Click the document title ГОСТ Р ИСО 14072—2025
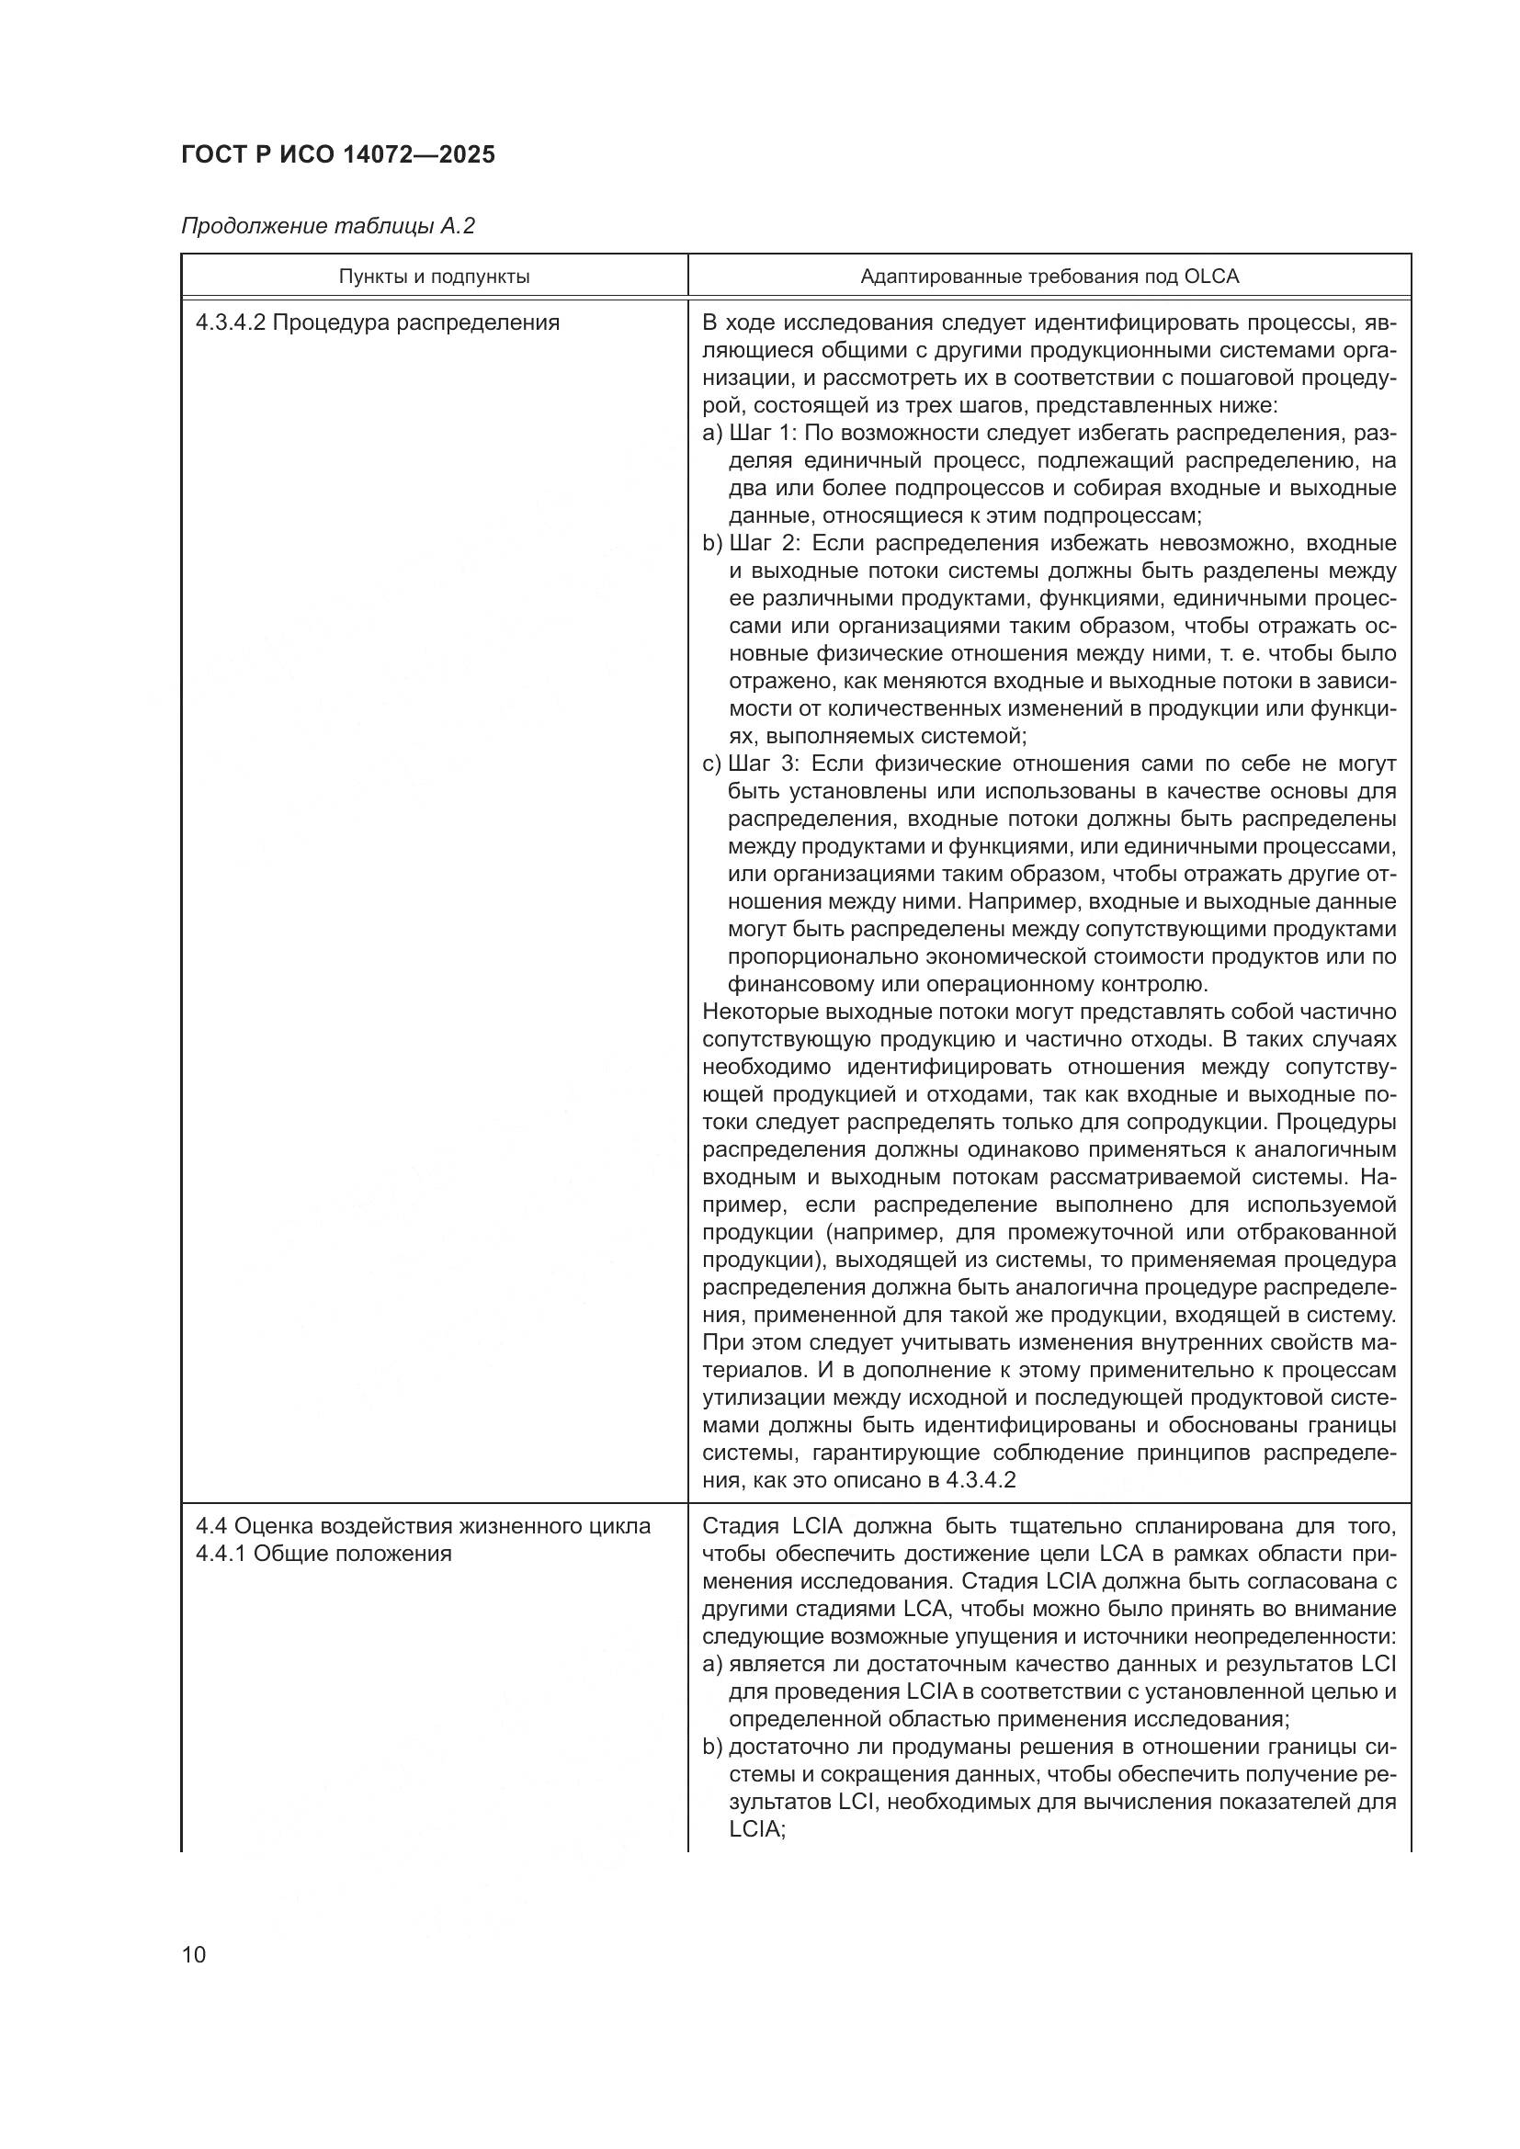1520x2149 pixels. tap(338, 154)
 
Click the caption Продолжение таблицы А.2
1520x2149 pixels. tap(327, 226)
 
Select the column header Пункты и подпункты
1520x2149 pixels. tap(435, 277)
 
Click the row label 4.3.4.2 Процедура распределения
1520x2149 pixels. tap(377, 322)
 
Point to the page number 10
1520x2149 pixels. tap(194, 1954)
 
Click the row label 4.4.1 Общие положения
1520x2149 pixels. tap(323, 1553)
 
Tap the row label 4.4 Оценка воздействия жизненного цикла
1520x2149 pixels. tap(423, 1526)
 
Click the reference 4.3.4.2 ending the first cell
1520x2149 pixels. tap(981, 1480)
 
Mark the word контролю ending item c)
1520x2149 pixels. tap(1146, 984)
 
